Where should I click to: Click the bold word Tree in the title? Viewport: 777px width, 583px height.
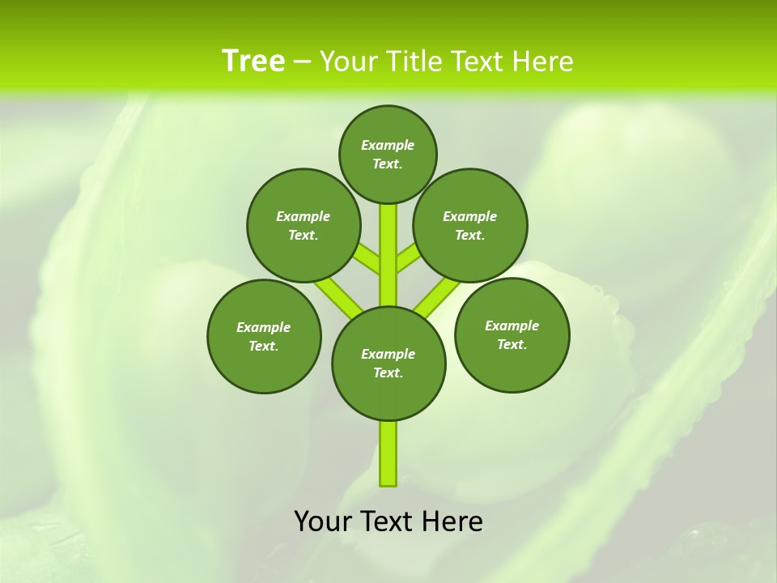pos(253,61)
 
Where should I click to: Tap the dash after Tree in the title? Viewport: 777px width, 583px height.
pos(302,62)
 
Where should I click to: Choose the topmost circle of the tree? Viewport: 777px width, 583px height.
pos(388,154)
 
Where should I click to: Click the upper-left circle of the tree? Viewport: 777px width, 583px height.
pos(304,225)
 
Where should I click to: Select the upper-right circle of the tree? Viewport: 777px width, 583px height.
pos(470,225)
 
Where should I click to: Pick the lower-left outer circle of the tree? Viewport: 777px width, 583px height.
pos(264,336)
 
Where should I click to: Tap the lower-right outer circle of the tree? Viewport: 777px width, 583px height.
pos(512,334)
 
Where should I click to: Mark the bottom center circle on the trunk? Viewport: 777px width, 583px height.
pos(388,363)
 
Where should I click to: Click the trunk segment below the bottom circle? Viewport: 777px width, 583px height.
pos(388,453)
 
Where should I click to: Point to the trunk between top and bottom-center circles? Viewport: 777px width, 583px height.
pos(388,255)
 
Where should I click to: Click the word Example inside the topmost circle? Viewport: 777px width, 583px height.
pos(388,145)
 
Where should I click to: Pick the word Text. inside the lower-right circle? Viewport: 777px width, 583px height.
pos(512,344)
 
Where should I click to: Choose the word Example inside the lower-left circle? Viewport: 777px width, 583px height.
pos(263,327)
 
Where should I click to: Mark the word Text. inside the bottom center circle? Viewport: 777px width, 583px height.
pos(388,372)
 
